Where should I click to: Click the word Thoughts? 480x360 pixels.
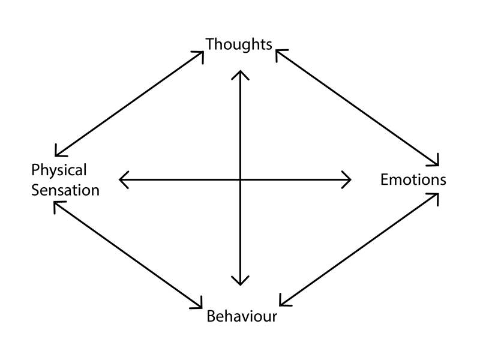tap(239, 44)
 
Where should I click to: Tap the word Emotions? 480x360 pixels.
tap(413, 179)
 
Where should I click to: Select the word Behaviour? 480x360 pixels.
tap(242, 316)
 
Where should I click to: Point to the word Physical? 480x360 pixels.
tap(59, 170)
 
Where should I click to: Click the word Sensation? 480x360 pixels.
tap(65, 190)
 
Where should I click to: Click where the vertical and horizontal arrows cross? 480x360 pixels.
tap(241, 179)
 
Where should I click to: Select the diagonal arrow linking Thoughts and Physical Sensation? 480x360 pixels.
tap(129, 104)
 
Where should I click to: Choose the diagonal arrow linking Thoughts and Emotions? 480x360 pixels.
tap(358, 108)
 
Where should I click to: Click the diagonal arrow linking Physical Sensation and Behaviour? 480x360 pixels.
tap(128, 254)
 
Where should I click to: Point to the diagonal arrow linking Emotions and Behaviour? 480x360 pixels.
tap(359, 250)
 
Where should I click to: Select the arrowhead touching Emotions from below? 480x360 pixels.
tap(434, 197)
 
